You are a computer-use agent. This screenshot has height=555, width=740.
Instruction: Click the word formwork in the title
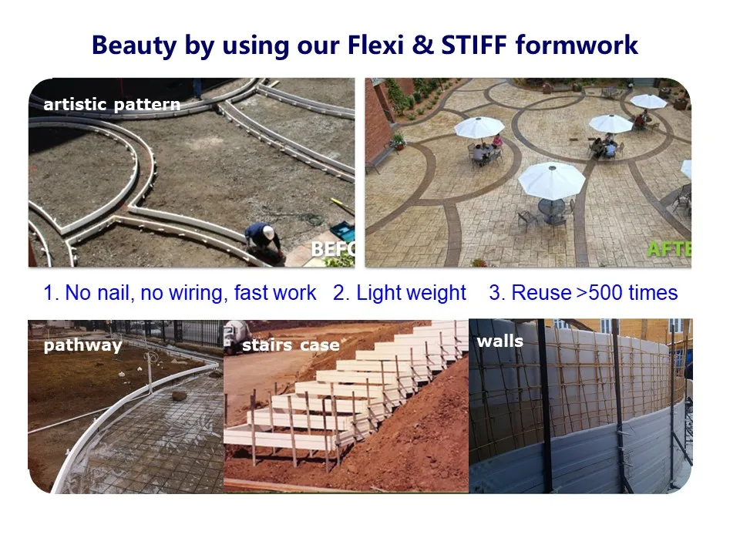(x=577, y=45)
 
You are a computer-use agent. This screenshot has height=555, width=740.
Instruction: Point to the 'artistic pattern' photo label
(x=112, y=105)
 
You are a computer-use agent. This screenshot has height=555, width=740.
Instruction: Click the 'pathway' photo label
(x=82, y=345)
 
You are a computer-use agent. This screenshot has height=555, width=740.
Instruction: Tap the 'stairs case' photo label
(x=291, y=345)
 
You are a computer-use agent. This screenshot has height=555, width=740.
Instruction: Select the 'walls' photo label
(x=500, y=340)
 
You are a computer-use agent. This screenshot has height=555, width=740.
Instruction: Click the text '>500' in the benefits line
(x=600, y=293)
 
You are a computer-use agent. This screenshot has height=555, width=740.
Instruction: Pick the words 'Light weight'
(x=412, y=293)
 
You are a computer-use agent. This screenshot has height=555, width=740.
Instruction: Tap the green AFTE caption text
(x=668, y=249)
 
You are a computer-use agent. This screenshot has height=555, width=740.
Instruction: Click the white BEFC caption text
(x=332, y=249)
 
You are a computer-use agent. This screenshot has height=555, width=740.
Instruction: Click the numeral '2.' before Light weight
(x=341, y=293)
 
